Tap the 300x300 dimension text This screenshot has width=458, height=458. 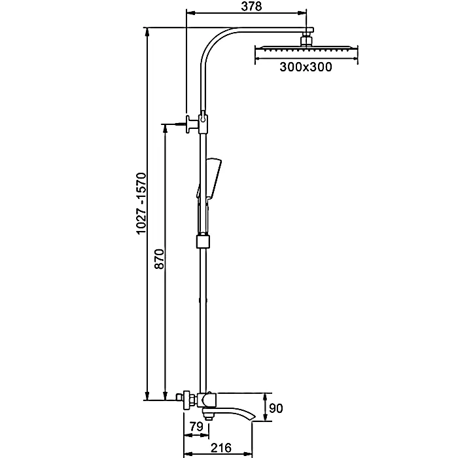pyautogui.click(x=305, y=66)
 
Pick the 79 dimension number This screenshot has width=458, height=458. pyautogui.click(x=196, y=427)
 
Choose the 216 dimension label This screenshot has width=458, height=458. pyautogui.click(x=222, y=448)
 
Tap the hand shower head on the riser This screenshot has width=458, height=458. pyautogui.click(x=213, y=171)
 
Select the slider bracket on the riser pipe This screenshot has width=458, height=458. pyautogui.click(x=204, y=241)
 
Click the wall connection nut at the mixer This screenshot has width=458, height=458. pyautogui.click(x=186, y=398)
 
